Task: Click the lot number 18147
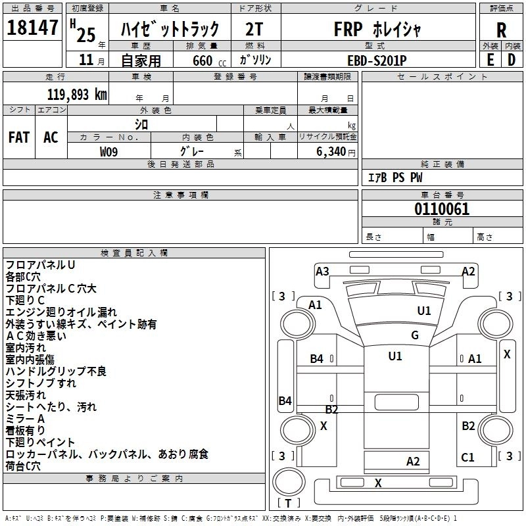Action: [32, 28]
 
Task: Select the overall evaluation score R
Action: [501, 30]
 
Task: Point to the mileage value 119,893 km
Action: [77, 94]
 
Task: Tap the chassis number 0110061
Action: [442, 209]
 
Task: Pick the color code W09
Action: [109, 151]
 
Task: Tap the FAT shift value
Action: [18, 137]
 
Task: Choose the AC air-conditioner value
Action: [51, 137]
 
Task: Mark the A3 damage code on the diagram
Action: [322, 271]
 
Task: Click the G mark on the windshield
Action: [414, 335]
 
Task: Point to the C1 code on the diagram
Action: [467, 458]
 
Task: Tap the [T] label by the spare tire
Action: [289, 503]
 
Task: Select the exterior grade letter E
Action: [489, 59]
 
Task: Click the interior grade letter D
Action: [512, 59]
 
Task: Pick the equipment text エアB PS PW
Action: [394, 178]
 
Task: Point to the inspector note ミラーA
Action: [25, 419]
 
